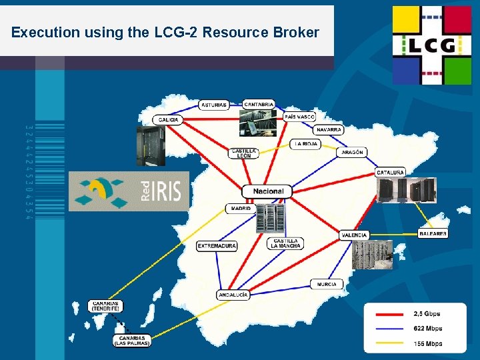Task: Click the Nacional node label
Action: coord(267,191)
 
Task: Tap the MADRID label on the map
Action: coord(241,209)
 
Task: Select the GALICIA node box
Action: coord(168,119)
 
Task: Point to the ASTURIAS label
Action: coord(213,105)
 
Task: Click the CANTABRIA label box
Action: coord(258,105)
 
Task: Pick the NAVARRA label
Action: coord(329,129)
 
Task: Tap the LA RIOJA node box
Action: coord(306,144)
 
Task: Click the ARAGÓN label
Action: coord(353,153)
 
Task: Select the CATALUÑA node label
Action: coord(390,172)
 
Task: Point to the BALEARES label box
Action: coord(433,234)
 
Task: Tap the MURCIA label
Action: coord(327,284)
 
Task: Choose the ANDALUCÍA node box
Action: coord(233,295)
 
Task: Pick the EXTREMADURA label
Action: coord(217,246)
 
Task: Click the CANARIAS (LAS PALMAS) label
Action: coord(131,341)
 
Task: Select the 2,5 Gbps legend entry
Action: coord(427,313)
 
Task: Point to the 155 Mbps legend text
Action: coord(427,344)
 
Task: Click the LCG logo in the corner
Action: coord(431,45)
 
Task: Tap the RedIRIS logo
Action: coord(129,191)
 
